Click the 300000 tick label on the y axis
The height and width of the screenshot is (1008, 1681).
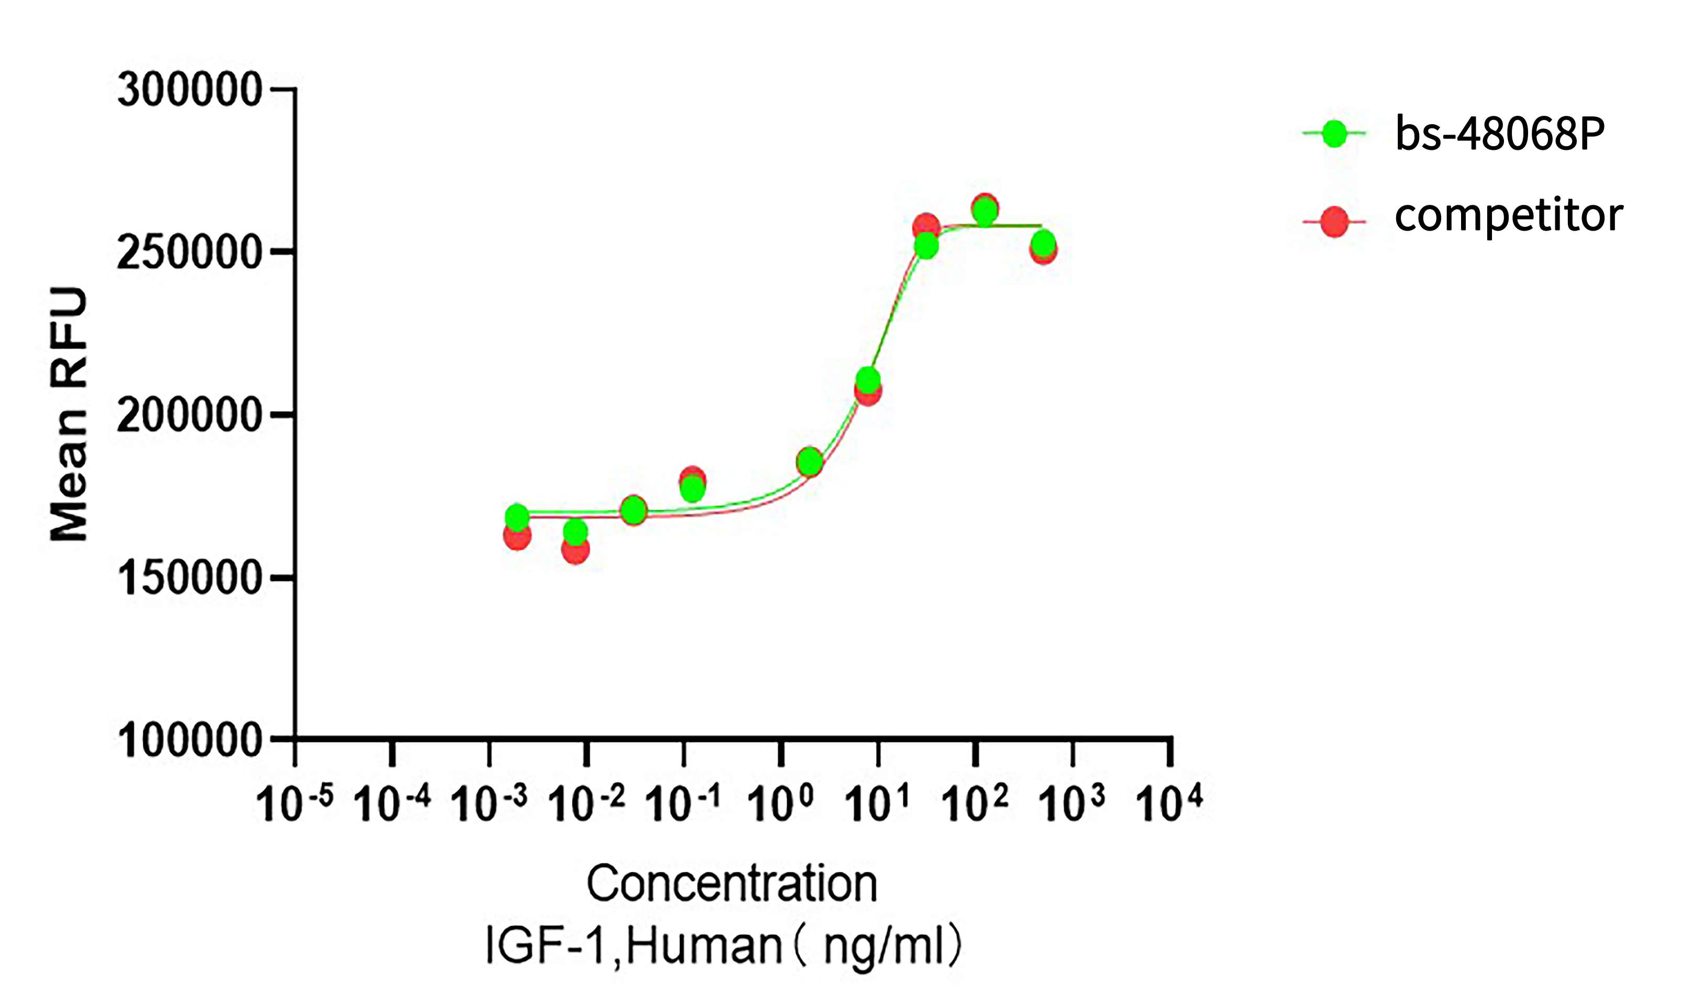190,90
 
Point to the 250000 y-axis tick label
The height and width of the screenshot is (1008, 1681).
190,253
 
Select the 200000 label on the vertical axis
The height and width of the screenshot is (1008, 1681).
190,415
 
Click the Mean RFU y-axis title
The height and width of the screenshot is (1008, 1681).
69,414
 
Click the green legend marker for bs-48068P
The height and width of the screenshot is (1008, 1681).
1334,134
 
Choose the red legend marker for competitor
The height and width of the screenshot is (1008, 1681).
1334,222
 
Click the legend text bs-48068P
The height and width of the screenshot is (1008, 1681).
1500,134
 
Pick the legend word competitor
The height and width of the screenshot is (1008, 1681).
1509,216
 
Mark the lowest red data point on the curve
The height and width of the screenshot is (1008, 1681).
575,550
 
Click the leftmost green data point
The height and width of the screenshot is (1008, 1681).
517,518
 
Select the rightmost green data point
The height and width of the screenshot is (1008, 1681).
1044,243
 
